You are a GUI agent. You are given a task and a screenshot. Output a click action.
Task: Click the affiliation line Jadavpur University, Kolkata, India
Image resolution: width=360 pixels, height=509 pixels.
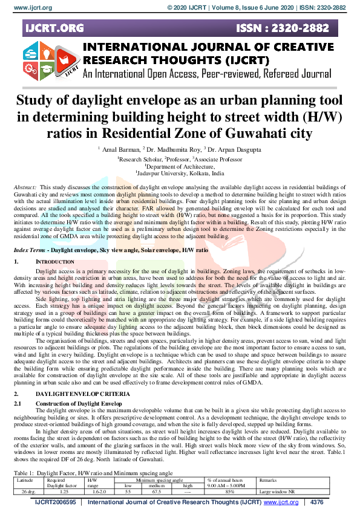pyautogui.click(x=179, y=172)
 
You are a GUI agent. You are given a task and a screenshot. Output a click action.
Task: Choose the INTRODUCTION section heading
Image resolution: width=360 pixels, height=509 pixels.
pyautogui.click(x=55, y=245)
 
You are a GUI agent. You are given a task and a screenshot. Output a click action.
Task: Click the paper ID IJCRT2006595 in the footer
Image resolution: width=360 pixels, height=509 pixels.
pyautogui.click(x=56, y=502)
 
